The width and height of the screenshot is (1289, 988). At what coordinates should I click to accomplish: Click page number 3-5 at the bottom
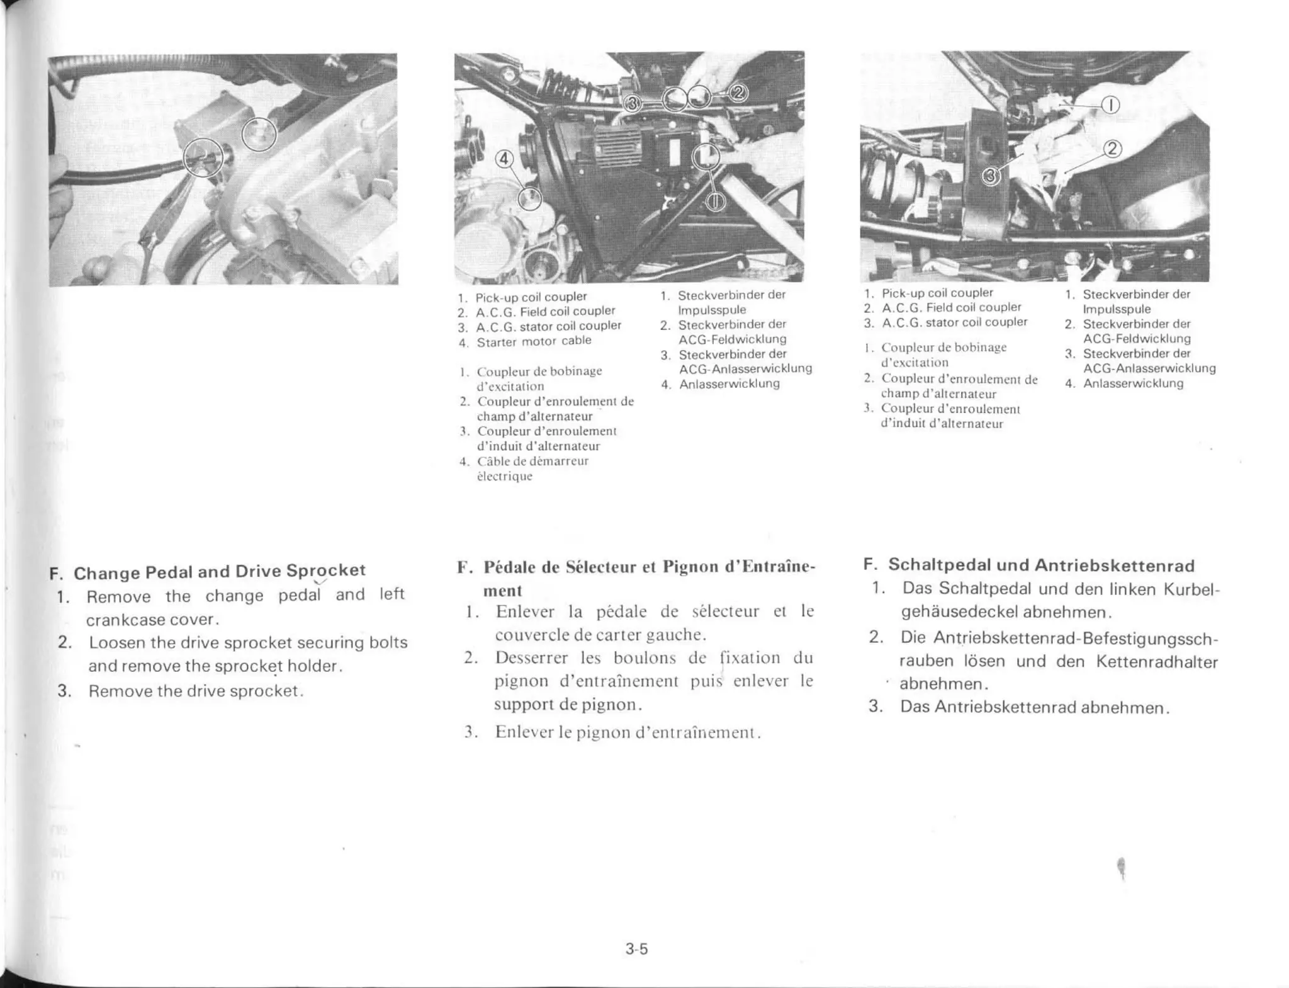tap(636, 949)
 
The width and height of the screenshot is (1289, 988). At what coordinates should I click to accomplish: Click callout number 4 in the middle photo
tap(504, 159)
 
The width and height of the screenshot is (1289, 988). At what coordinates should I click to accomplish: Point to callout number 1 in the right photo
tap(1111, 105)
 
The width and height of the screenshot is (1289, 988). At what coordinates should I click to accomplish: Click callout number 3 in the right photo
tap(991, 177)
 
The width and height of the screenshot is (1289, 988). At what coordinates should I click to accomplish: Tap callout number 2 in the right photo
tap(1113, 149)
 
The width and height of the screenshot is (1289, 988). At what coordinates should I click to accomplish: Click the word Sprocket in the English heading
tap(325, 570)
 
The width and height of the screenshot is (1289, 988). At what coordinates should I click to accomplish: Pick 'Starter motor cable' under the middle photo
tap(534, 341)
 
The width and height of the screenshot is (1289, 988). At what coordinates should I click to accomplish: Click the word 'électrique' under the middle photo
tap(505, 476)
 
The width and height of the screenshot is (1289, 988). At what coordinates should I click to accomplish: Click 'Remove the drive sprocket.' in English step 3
tap(196, 691)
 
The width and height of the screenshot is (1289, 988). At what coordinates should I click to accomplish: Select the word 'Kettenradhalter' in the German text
tap(1157, 662)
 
